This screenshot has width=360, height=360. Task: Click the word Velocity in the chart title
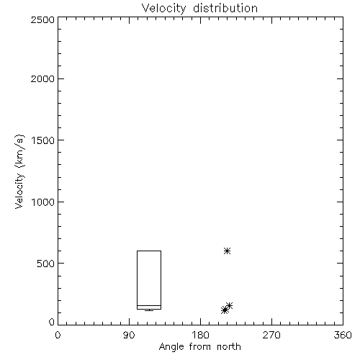[x=164, y=9]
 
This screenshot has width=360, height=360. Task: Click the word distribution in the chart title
[x=225, y=8]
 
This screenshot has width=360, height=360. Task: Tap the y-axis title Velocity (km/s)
[x=19, y=171]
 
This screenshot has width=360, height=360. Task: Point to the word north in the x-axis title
[x=229, y=347]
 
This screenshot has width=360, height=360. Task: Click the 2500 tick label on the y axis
[x=42, y=19]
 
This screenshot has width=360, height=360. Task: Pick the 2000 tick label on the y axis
[x=42, y=78]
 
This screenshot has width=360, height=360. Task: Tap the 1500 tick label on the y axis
[x=43, y=140]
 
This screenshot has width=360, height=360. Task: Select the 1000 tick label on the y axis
[x=43, y=202]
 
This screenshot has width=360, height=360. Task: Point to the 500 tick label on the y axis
[x=46, y=264]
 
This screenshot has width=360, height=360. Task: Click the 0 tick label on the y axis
[x=52, y=322]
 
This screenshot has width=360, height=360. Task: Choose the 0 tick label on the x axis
[x=58, y=335]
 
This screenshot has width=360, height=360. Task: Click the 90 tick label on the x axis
[x=129, y=335]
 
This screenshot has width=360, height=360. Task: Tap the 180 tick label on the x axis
[x=200, y=335]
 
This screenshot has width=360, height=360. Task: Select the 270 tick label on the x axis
[x=271, y=335]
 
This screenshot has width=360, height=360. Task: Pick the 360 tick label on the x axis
[x=343, y=335]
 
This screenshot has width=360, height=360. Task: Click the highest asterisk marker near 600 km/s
[x=227, y=251]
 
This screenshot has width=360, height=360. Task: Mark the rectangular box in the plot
[x=137, y=280]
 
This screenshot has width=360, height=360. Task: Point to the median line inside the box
[x=149, y=305]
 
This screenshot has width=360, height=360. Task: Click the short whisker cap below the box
[x=149, y=311]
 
